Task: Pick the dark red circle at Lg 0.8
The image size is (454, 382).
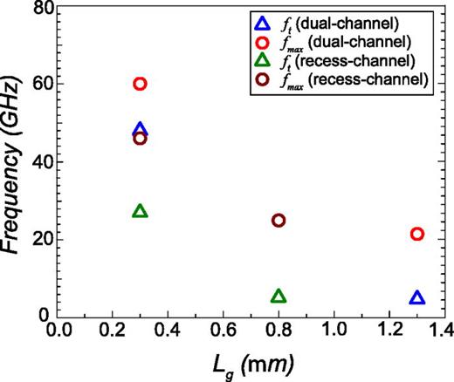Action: click(279, 220)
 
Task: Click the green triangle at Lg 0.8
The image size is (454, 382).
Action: click(279, 297)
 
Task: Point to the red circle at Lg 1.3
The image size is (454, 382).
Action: click(417, 234)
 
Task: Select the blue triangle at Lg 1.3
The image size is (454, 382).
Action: click(417, 298)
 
